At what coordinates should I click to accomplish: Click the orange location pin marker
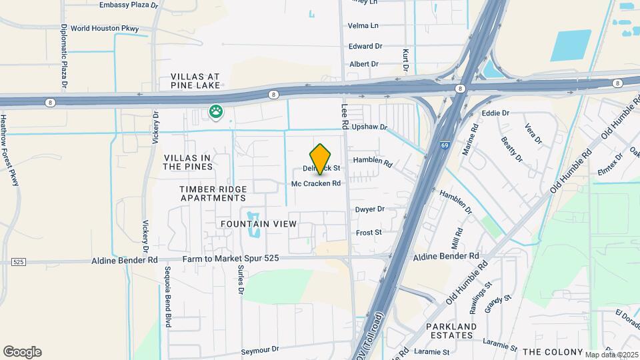tap(321, 159)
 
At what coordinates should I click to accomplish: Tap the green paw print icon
tap(215, 112)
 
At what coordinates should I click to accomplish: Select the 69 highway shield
tap(445, 143)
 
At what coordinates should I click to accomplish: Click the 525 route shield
tap(18, 262)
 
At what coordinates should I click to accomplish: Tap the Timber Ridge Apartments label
tap(213, 193)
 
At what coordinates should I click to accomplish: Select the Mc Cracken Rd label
tap(316, 183)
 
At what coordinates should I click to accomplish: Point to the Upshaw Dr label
tap(369, 127)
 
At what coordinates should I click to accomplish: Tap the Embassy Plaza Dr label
tap(128, 5)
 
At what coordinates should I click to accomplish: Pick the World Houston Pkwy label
tap(105, 29)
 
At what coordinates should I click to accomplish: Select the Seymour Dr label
tap(259, 349)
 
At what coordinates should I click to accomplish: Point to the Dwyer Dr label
tap(370, 209)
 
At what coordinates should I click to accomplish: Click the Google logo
tap(22, 351)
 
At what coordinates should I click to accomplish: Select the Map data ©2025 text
tap(610, 354)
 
